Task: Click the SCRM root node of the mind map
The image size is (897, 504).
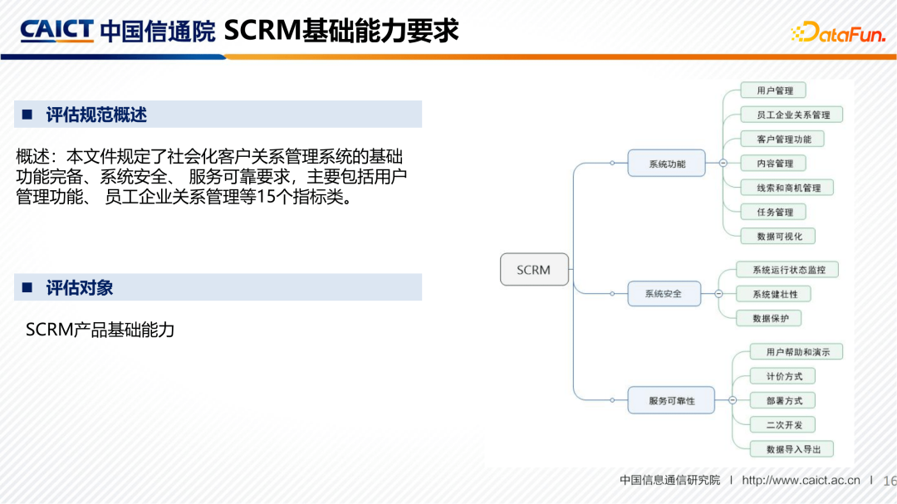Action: [534, 270]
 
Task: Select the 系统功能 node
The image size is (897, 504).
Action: [667, 164]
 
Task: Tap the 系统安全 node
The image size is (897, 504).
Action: [663, 293]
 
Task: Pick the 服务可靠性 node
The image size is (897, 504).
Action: [671, 400]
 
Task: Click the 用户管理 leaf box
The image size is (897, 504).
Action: [774, 91]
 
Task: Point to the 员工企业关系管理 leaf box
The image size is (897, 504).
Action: [792, 115]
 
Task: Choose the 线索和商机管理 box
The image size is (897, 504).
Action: [788, 188]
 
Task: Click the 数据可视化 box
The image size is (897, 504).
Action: [779, 236]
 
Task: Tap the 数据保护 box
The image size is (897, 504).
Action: [770, 318]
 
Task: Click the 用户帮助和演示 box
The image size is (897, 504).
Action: [797, 352]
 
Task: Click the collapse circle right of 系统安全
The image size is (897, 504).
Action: [718, 293]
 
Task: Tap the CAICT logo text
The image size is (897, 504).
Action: [56, 31]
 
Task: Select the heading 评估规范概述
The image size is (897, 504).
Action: [96, 115]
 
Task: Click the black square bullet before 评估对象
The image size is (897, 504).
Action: [27, 288]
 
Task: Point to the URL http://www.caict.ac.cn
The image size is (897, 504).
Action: [801, 481]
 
